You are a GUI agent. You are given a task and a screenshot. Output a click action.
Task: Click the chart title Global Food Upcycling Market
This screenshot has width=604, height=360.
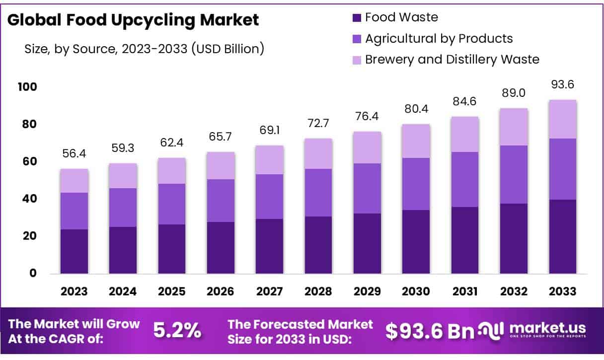133,20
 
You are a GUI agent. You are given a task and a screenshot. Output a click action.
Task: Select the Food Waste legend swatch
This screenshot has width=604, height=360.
356,18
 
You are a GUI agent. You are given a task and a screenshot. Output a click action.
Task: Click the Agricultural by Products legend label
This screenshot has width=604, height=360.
439,38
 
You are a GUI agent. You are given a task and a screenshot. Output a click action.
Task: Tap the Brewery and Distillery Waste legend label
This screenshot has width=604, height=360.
452,60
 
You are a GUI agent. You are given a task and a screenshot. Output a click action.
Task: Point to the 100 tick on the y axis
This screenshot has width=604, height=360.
28,87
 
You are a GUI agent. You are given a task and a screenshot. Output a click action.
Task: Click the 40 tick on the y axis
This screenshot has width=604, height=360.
30,199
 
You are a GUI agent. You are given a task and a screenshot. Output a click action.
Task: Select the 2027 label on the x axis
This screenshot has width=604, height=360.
269,291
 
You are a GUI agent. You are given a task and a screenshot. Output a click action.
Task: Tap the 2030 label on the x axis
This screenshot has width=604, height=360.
416,291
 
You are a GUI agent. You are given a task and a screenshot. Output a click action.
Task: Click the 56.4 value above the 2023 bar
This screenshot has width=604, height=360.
74,154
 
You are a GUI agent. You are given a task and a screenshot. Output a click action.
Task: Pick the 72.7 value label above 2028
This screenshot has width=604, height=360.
318,123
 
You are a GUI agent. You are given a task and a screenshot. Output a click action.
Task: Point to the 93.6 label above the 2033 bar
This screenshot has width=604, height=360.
562,85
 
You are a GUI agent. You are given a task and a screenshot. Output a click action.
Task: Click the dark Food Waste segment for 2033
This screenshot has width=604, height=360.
562,236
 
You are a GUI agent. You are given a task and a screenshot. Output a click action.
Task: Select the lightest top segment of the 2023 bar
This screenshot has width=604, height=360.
74,181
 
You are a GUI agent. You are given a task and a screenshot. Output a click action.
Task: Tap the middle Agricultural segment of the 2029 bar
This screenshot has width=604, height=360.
367,188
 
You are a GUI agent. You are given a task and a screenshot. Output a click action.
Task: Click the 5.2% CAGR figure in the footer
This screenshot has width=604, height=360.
177,331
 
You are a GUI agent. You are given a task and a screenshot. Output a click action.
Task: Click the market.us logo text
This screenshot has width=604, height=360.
546,328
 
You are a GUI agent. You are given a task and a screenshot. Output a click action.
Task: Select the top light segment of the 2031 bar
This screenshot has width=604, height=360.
464,134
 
